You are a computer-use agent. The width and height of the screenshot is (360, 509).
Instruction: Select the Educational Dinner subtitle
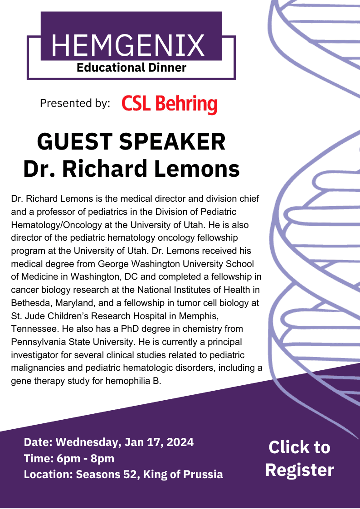click(x=131, y=68)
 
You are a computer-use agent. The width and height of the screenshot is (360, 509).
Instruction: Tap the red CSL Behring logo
click(x=170, y=104)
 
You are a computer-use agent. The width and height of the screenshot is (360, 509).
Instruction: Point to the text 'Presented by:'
click(x=75, y=103)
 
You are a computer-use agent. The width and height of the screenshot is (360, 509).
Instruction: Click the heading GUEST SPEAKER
click(x=131, y=141)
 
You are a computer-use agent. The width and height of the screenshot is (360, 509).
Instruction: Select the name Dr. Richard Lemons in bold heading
click(x=131, y=169)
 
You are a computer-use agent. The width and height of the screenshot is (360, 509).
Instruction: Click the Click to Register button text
click(x=300, y=458)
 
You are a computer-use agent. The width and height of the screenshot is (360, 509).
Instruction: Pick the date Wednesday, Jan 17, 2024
click(x=125, y=442)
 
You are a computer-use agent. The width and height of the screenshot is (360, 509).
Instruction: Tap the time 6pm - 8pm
click(x=85, y=458)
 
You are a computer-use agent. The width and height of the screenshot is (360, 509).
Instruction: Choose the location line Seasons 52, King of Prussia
click(x=149, y=474)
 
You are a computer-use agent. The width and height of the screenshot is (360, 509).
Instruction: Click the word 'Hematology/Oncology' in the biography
click(x=65, y=225)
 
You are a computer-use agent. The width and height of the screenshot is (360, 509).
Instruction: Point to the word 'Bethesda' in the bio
click(x=31, y=303)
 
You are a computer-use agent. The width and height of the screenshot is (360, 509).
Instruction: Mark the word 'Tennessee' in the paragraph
click(x=35, y=329)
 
